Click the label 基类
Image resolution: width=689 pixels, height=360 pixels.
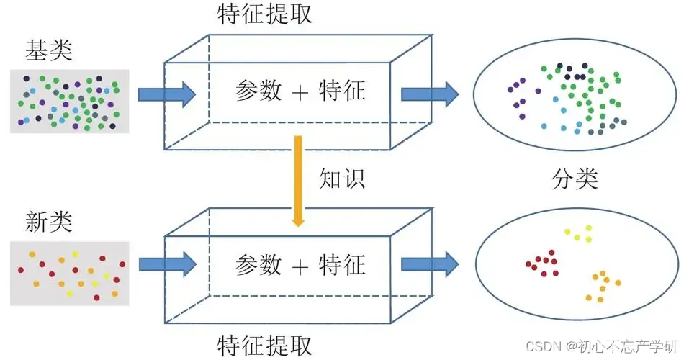pos(49,50)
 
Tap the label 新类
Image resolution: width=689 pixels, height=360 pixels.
pos(49,222)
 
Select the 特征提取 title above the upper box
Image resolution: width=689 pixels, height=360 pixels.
pos(264,15)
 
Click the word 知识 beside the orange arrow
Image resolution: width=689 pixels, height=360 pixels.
pos(342,178)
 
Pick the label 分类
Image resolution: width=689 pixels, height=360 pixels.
pos(575,178)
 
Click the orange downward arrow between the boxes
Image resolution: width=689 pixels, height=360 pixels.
pos(295,180)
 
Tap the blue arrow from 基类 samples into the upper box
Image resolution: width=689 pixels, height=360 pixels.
pos(166,93)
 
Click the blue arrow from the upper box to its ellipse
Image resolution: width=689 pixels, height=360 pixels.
pos(429,93)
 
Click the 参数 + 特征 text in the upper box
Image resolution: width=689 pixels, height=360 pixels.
pos(300,91)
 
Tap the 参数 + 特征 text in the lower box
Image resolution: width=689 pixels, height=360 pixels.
pos(300,265)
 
